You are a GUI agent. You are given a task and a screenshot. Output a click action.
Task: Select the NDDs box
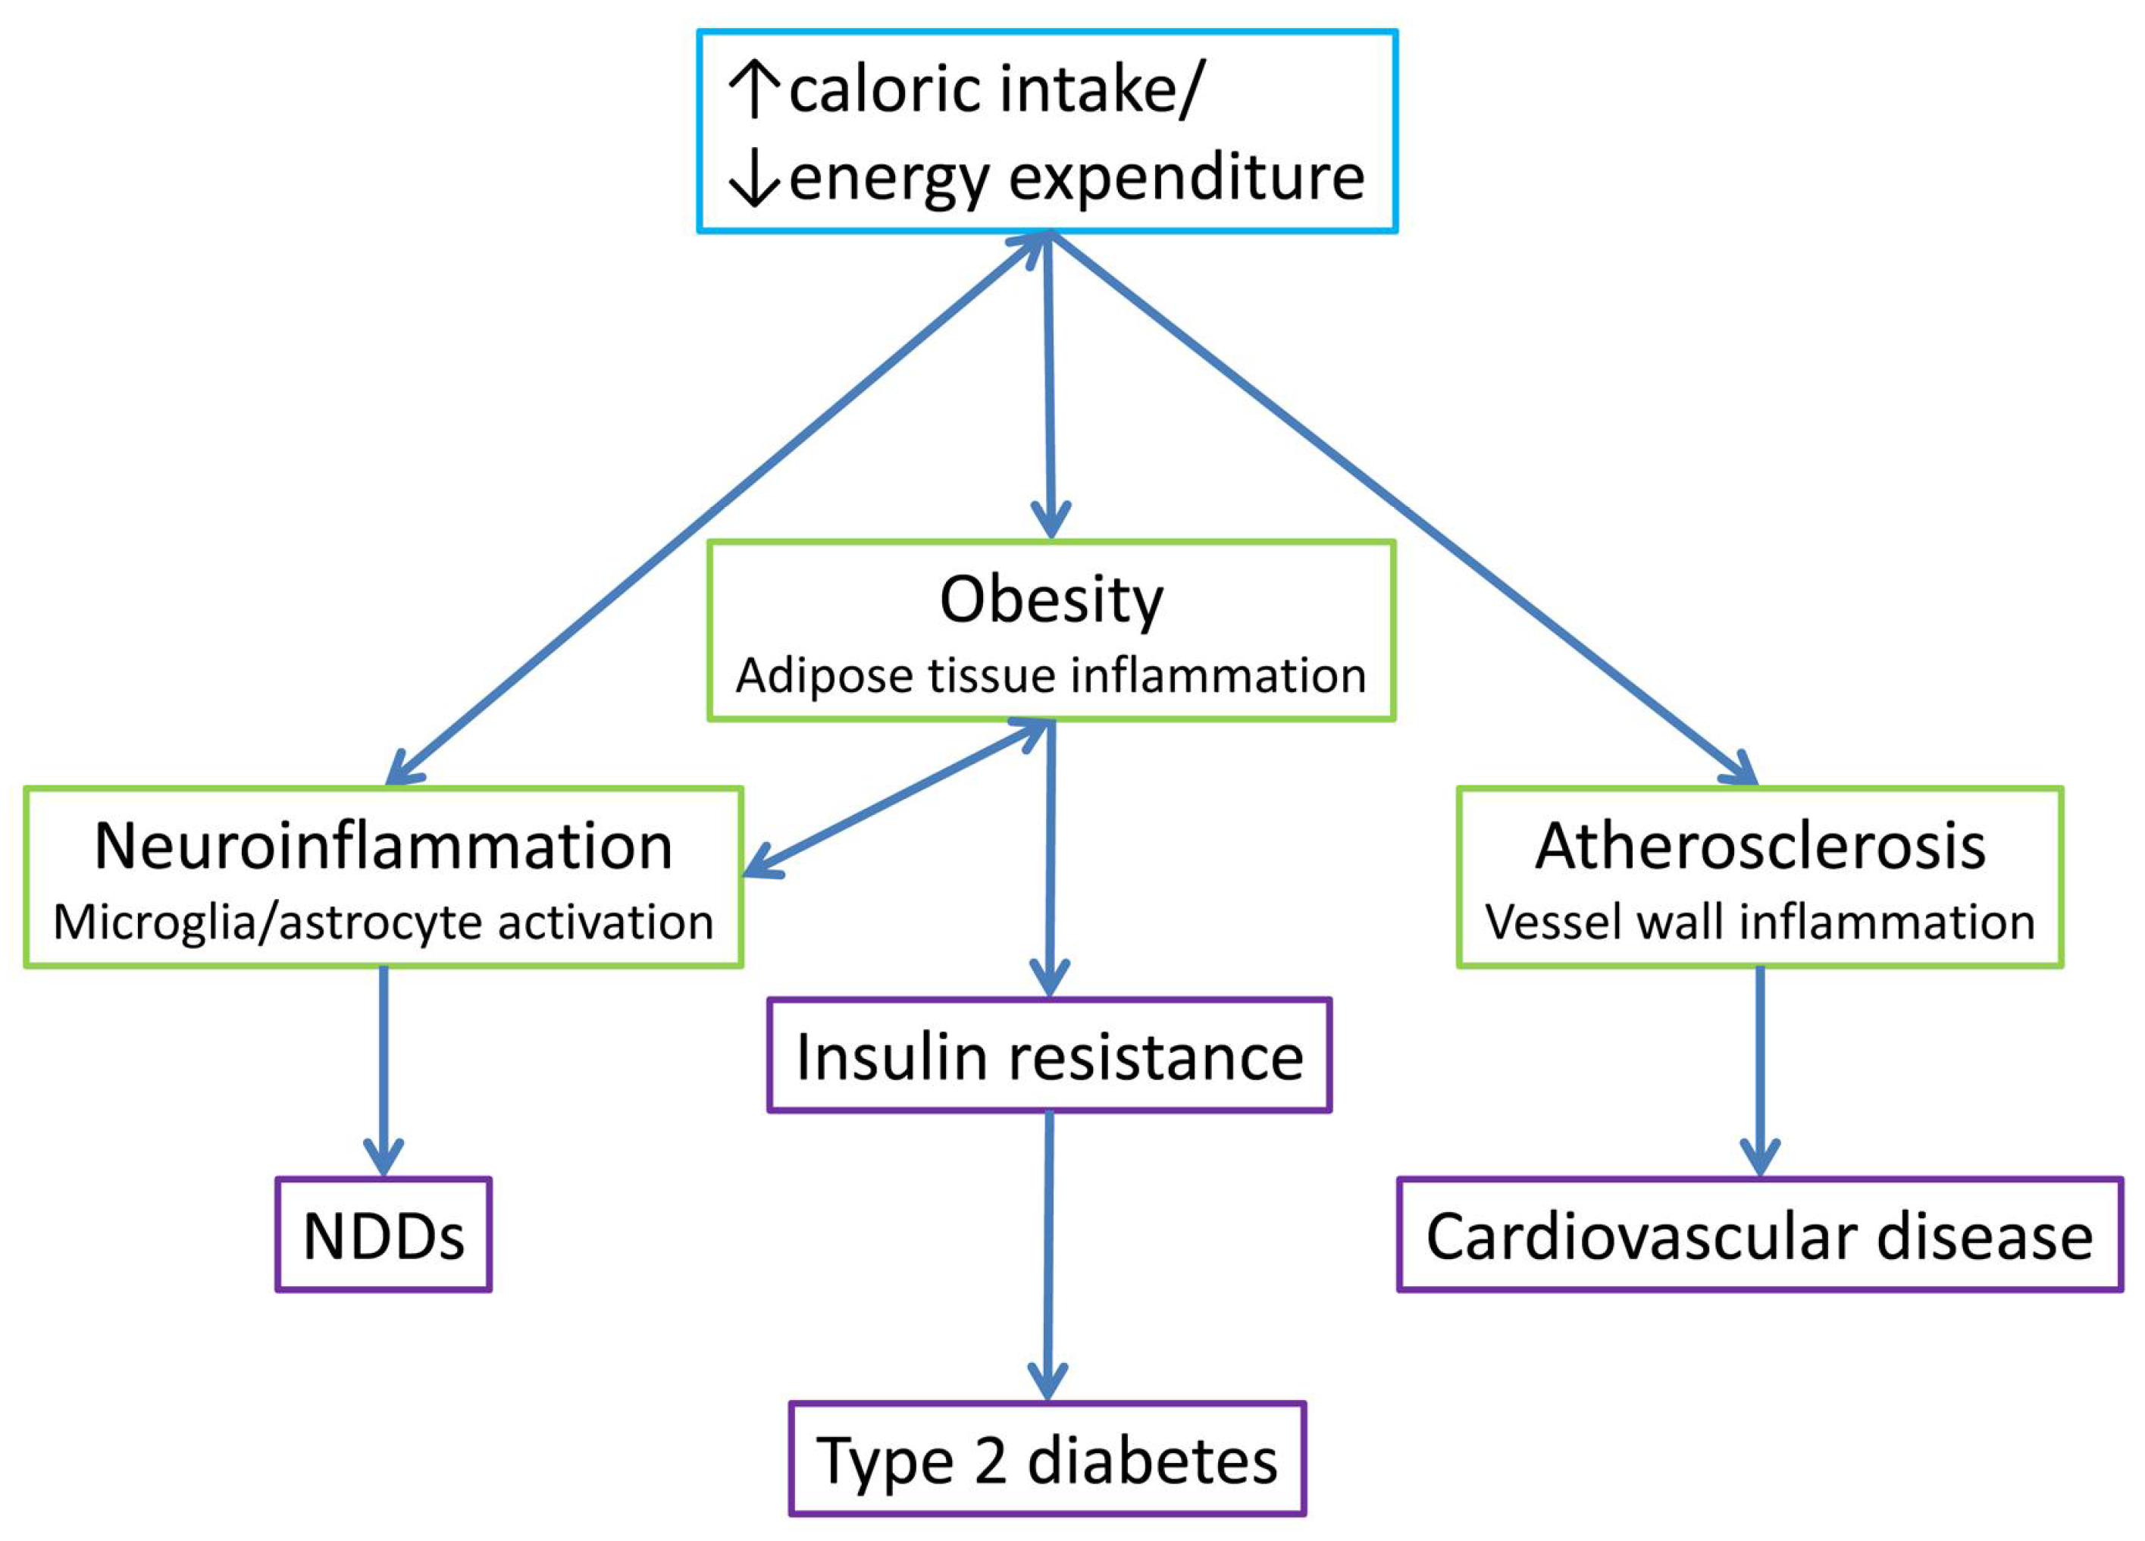point(383,1236)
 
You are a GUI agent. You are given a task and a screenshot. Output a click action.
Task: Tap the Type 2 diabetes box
point(1047,1460)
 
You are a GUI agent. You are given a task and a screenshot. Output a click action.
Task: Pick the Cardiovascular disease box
point(1759,1236)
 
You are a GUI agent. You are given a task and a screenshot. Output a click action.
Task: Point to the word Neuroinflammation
point(383,846)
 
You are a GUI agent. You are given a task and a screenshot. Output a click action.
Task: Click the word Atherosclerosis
point(1759,846)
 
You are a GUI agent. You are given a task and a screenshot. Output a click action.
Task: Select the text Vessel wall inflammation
point(1759,922)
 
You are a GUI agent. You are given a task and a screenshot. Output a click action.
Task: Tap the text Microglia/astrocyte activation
point(383,922)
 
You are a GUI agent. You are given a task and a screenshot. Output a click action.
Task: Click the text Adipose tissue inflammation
point(1051,675)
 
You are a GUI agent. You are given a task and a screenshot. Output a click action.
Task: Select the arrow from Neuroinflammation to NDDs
point(383,1069)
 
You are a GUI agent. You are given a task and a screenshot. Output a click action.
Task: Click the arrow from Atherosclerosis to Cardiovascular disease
point(1759,1069)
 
